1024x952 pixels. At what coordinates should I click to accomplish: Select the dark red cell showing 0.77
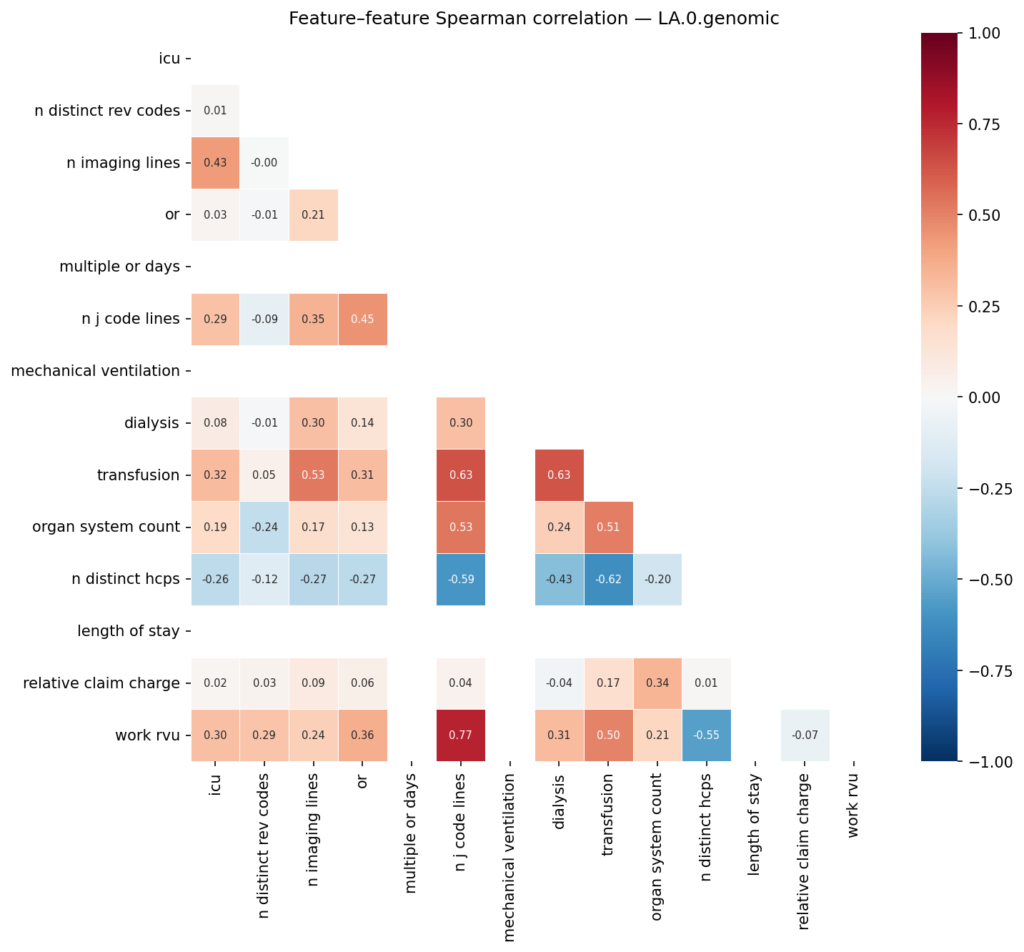(461, 735)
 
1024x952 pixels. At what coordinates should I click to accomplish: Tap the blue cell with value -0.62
(608, 579)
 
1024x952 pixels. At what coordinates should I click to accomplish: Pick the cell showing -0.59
(461, 579)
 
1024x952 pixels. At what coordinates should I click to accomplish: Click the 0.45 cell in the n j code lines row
(363, 319)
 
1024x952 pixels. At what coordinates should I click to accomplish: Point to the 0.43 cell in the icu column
(215, 163)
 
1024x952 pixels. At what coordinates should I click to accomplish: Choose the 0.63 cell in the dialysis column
(559, 475)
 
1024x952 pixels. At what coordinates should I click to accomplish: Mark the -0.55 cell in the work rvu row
(706, 735)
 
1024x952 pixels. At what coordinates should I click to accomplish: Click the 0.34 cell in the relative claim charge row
(657, 683)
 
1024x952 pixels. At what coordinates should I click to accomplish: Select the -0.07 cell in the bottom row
(805, 735)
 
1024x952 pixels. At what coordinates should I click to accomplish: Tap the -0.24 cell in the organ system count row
(264, 527)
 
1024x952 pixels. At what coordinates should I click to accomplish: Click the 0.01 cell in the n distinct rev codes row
(215, 111)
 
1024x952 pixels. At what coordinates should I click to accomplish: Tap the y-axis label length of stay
(128, 631)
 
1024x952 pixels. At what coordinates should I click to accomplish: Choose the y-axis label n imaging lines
(123, 163)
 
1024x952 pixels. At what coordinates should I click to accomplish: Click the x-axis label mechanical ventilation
(509, 857)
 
